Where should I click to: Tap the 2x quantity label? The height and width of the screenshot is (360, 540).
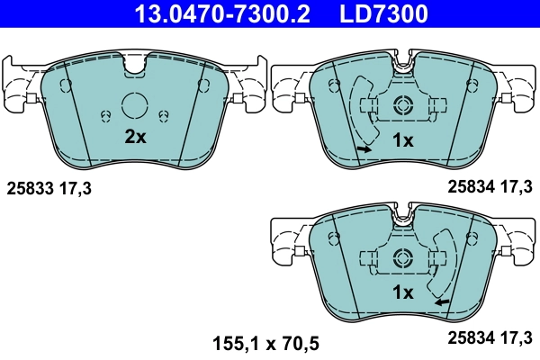point(134,138)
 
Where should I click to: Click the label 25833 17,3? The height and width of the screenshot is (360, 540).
point(49,189)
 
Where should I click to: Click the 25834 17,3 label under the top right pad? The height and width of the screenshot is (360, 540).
point(490,186)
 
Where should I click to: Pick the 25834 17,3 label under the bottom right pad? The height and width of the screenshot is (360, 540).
point(490,339)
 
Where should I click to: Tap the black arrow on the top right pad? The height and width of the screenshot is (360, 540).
point(364,148)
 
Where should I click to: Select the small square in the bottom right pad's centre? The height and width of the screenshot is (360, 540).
point(401,256)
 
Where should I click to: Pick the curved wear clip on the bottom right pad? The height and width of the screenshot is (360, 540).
point(444,265)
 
